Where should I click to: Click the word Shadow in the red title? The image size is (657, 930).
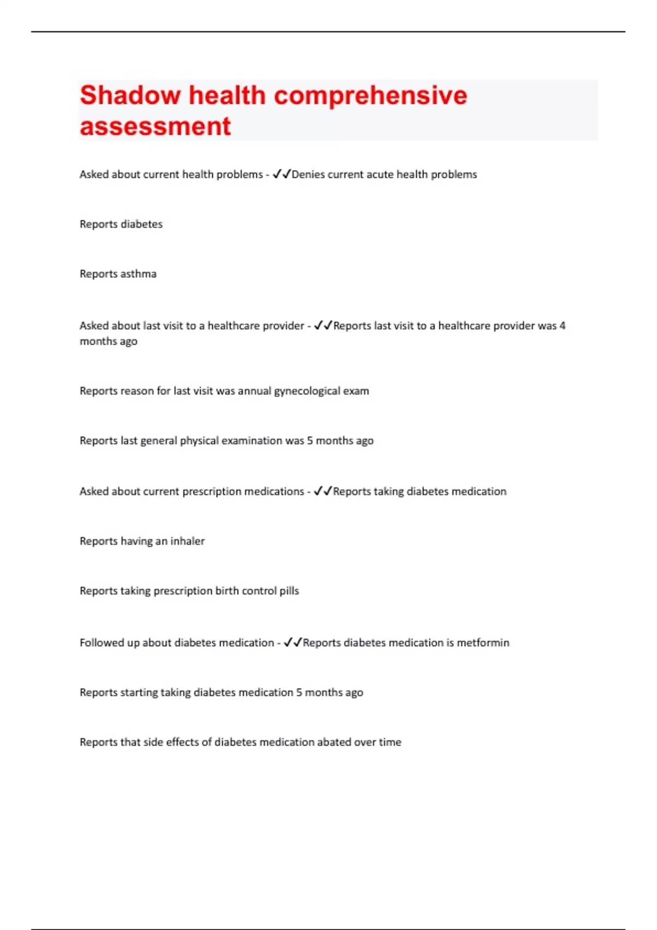click(130, 95)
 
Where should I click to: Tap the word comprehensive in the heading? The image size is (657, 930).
click(370, 95)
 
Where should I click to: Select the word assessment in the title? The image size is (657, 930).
click(155, 126)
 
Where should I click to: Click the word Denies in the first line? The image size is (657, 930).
click(308, 175)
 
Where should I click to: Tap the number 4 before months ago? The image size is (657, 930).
click(562, 326)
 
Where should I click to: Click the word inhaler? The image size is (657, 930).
click(187, 541)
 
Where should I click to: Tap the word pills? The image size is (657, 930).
click(289, 591)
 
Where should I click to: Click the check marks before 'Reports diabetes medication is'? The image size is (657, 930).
click(293, 643)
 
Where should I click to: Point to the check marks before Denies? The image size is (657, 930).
click(281, 175)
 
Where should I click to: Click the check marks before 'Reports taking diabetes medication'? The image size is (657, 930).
click(323, 492)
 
